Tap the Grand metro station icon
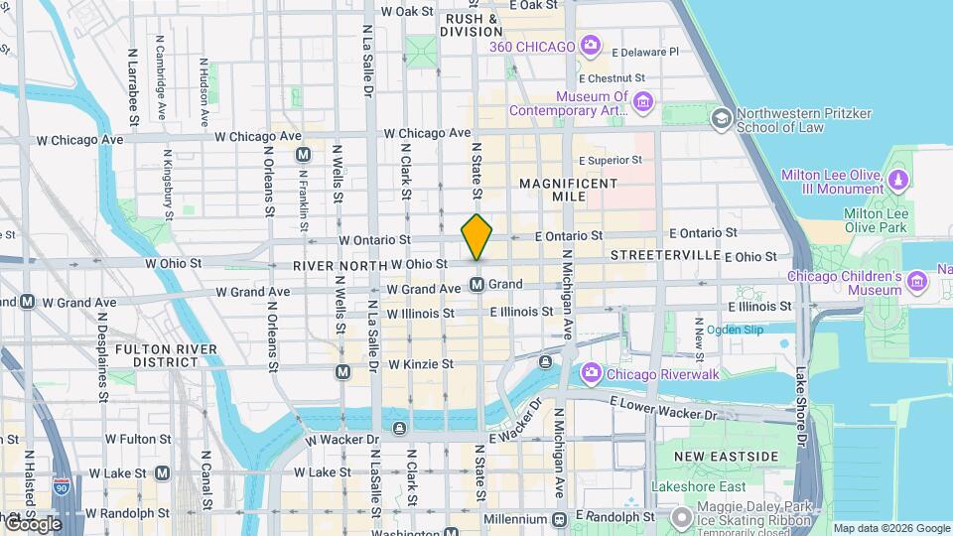point(477,285)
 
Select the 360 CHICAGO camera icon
point(591,46)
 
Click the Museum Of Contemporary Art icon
point(643,102)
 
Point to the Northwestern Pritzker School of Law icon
point(721,119)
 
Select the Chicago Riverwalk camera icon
point(592,373)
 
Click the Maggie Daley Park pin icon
point(681,517)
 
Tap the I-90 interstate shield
point(62,486)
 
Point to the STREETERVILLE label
point(664,255)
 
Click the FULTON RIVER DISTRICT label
point(157,355)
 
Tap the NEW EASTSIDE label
point(727,456)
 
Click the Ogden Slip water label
point(735,330)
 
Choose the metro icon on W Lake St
point(162,473)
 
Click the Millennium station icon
point(559,519)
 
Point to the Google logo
point(34,523)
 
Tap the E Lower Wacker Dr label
point(663,408)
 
